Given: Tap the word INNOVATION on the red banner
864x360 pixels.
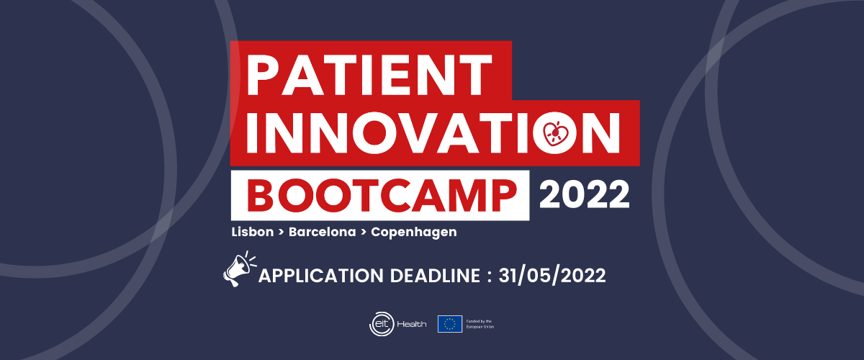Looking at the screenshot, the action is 433,133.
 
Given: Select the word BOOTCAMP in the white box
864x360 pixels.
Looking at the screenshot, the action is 382,196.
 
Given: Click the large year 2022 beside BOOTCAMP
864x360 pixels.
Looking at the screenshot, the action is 584,195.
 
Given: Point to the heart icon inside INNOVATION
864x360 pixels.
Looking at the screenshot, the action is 555,134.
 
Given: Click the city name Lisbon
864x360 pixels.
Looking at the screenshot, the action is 253,232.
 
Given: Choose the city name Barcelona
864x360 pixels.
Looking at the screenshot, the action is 322,232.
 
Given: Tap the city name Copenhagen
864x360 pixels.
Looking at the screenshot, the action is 414,233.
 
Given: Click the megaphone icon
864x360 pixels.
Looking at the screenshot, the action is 239,269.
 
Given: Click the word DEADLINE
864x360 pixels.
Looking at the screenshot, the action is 435,276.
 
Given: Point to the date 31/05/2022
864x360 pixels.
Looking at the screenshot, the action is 552,276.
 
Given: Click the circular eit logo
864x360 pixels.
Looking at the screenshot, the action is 382,324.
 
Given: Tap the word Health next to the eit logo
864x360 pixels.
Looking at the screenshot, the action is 412,324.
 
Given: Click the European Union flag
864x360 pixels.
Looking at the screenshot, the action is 450,324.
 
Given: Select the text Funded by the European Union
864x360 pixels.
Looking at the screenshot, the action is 480,324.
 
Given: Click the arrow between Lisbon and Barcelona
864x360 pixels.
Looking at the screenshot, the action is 282,232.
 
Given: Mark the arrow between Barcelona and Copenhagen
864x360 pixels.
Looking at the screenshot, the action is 364,232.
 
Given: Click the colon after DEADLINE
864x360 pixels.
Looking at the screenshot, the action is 490,276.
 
